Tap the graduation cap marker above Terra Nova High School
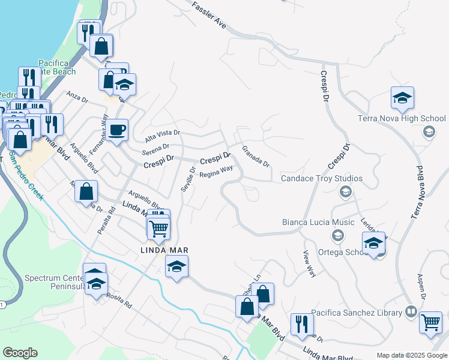402,98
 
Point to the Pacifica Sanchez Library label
360,312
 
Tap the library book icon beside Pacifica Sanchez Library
411,312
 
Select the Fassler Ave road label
209,15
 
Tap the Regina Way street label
216,172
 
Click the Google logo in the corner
20,353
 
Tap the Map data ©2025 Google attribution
411,355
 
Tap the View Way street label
310,263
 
